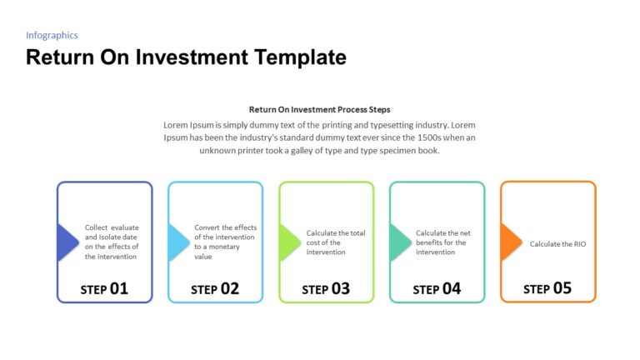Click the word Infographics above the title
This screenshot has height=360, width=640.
click(x=52, y=35)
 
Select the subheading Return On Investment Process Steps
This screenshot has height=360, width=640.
click(x=319, y=109)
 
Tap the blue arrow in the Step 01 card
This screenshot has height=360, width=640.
click(x=67, y=242)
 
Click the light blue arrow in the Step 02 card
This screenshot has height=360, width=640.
click(x=177, y=242)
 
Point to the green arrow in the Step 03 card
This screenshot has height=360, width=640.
click(x=288, y=242)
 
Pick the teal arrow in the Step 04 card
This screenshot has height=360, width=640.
click(x=399, y=242)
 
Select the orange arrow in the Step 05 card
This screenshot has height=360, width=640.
click(x=510, y=242)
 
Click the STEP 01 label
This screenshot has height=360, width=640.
click(x=104, y=289)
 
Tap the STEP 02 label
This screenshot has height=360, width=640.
click(x=215, y=289)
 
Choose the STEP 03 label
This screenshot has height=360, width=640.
click(x=326, y=289)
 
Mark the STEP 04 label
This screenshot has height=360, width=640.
click(x=437, y=289)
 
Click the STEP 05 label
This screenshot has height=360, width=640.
click(x=547, y=289)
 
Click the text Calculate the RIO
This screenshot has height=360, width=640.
click(x=557, y=244)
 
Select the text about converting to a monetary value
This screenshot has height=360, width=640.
click(x=225, y=242)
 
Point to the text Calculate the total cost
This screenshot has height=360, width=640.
click(x=336, y=242)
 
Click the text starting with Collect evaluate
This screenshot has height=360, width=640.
click(x=112, y=242)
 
